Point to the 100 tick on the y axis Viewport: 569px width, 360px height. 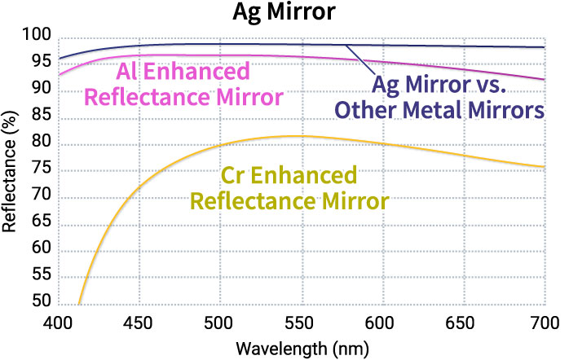37,37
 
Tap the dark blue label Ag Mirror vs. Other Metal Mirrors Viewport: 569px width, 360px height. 457,95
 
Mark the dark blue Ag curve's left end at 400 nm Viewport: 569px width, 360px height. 59,59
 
